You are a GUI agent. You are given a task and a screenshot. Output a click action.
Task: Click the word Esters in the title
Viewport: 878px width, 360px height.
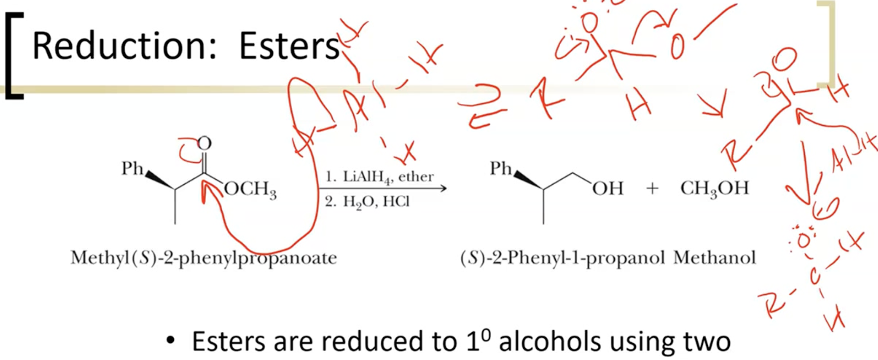[289, 46]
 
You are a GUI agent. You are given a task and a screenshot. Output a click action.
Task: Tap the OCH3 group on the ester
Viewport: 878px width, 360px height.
[250, 190]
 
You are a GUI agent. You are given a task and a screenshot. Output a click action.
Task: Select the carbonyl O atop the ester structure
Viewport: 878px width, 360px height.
[204, 144]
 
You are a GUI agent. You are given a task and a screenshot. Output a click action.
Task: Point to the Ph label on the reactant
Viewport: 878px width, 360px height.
[132, 168]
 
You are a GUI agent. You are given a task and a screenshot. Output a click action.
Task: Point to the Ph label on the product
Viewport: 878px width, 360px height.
[501, 168]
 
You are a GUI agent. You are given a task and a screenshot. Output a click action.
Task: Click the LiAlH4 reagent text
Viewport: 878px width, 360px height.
[368, 177]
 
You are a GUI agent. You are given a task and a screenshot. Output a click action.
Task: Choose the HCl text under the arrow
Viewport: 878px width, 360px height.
[396, 202]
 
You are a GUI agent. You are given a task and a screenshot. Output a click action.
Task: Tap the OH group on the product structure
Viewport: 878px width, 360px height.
[608, 189]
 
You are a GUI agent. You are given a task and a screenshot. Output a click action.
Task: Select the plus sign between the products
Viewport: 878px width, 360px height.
[652, 189]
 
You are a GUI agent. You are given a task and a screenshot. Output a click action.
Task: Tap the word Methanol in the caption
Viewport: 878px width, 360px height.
[714, 258]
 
